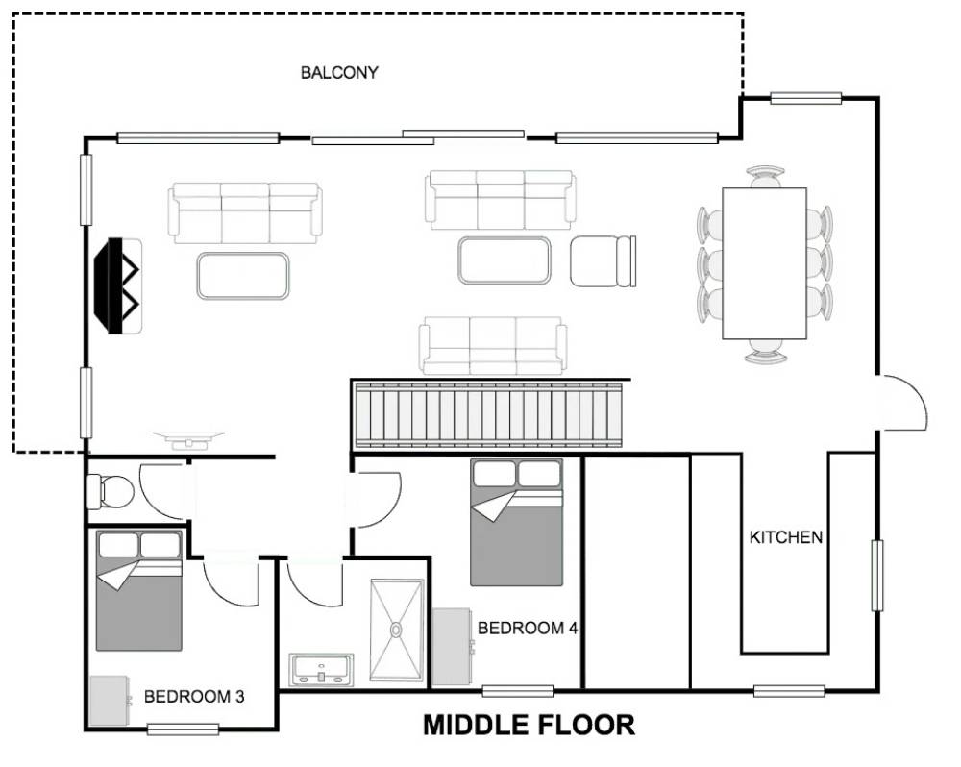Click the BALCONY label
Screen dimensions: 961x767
(339, 72)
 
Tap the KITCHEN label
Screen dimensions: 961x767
(786, 537)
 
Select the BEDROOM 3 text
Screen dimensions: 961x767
(194, 697)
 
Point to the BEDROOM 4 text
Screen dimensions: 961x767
(527, 628)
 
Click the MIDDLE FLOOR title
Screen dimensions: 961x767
(529, 725)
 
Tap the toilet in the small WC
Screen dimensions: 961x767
(111, 492)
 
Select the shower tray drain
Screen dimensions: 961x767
(396, 630)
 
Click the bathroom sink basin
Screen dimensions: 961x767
(321, 670)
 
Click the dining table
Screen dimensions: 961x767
(764, 263)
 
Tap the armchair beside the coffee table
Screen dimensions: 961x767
(604, 261)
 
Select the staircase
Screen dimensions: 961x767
(488, 415)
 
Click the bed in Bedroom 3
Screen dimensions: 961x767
(139, 590)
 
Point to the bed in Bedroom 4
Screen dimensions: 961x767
(516, 522)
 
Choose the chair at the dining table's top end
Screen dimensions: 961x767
(765, 176)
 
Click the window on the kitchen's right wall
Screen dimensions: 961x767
(877, 575)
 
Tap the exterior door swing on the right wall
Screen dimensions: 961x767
(902, 402)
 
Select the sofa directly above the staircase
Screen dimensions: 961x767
(493, 346)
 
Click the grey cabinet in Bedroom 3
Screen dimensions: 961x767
(111, 700)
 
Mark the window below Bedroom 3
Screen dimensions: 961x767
(184, 730)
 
